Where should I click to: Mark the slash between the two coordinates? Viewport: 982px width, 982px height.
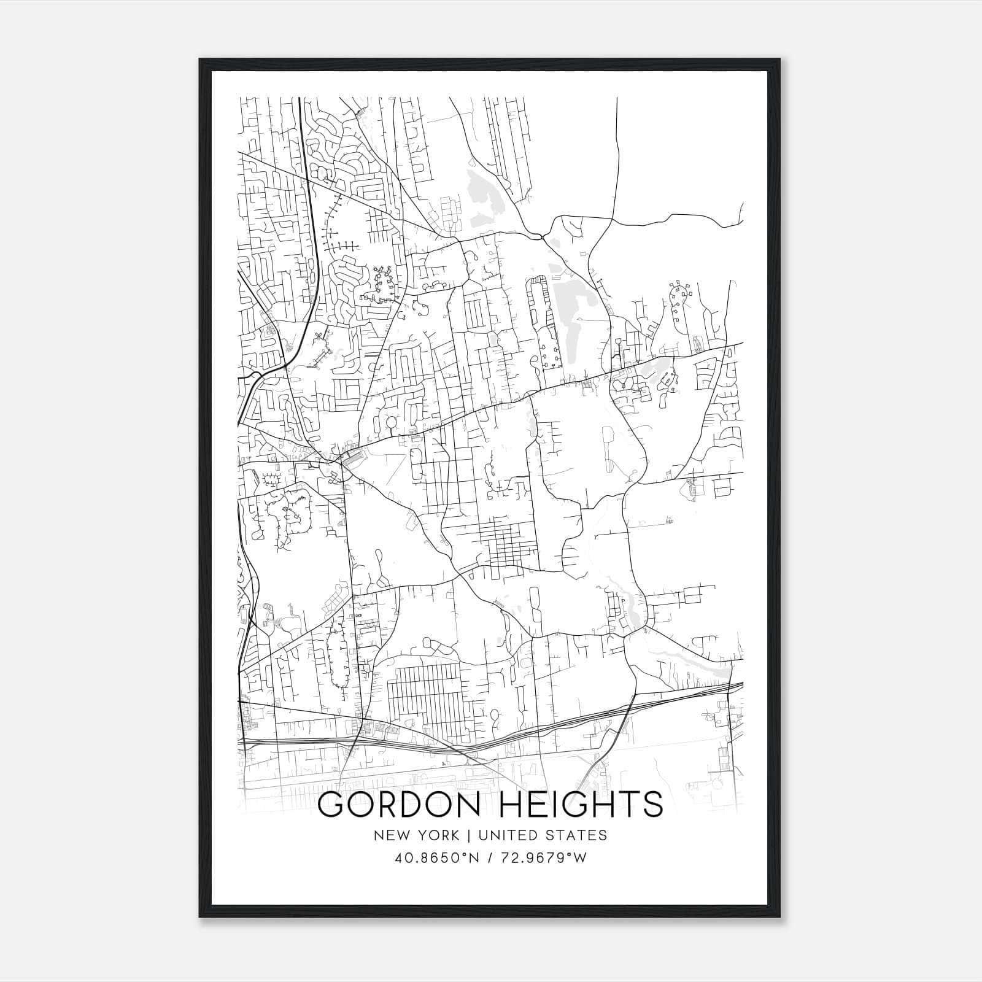(490, 858)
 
